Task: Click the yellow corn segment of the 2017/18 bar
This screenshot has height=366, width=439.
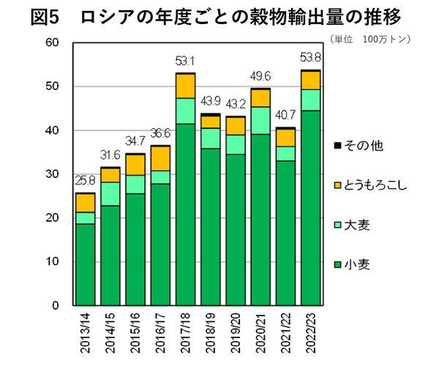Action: [x=185, y=86]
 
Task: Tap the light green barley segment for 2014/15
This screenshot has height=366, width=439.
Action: [x=110, y=194]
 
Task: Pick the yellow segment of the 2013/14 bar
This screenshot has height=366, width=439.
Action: [x=86, y=203]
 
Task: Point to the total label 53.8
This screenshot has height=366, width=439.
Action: [x=311, y=59]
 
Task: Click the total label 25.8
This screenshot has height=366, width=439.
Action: [x=86, y=182]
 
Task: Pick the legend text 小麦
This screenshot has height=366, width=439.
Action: [x=358, y=264]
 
